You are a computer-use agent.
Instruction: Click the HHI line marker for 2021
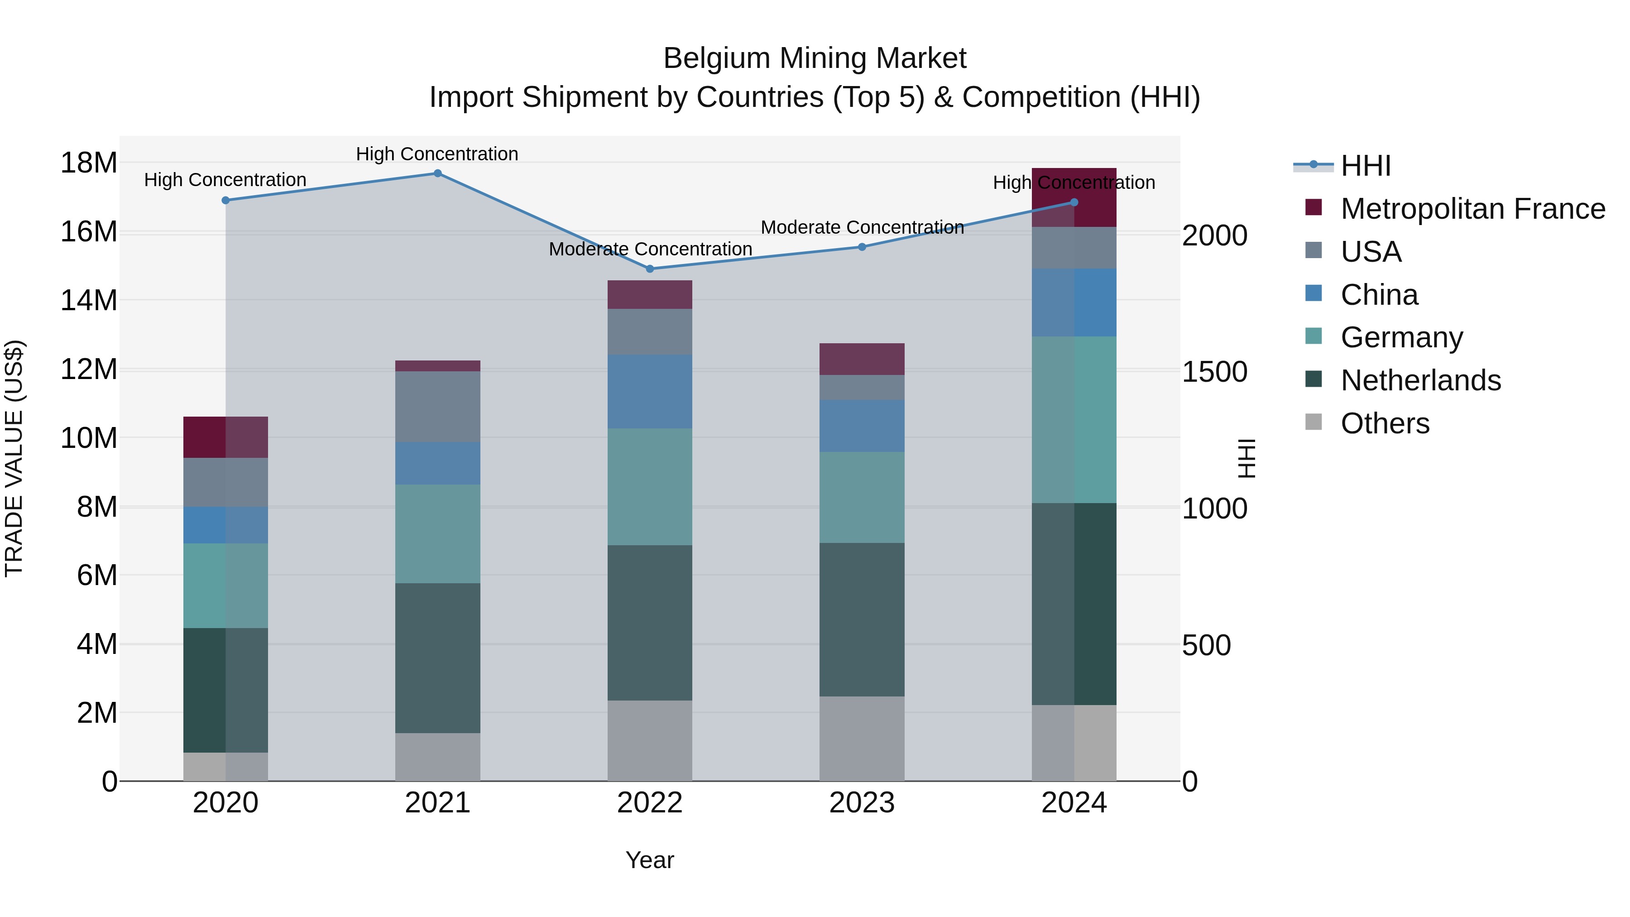pos(437,173)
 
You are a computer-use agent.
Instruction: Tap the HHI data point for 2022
pos(650,269)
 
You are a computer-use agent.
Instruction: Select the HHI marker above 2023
pos(862,247)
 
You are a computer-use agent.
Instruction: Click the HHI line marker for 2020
pos(226,201)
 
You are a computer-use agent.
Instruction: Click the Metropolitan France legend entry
pos(1472,209)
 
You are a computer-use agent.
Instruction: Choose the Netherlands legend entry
pos(1420,380)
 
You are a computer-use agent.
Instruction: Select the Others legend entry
pos(1385,423)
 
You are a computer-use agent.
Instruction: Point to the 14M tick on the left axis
pos(89,300)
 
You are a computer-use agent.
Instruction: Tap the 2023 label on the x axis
pos(862,803)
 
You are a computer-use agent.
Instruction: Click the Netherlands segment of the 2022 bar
pos(650,623)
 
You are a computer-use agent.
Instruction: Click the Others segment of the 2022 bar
pos(650,740)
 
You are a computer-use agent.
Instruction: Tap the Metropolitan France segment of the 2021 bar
pos(437,366)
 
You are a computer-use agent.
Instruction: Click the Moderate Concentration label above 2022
pos(650,250)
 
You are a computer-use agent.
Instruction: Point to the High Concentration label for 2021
pos(437,154)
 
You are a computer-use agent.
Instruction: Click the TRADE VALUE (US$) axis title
pos(14,458)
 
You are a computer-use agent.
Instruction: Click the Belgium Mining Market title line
pos(815,59)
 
